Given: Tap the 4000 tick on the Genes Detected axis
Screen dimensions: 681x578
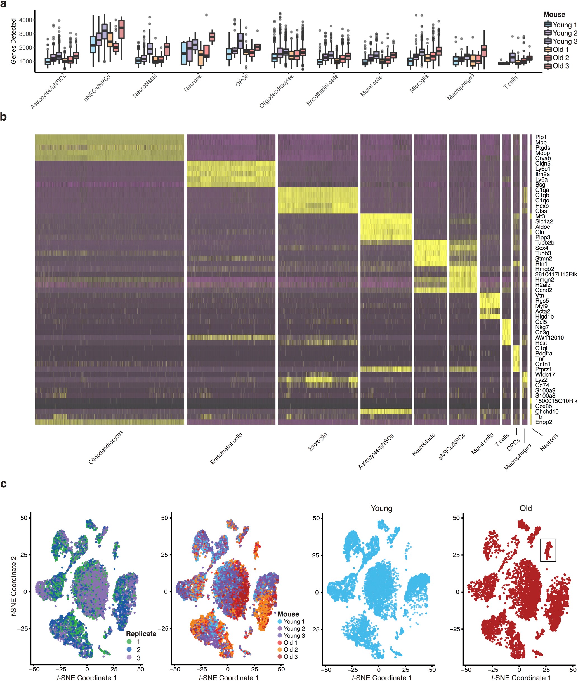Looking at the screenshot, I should pos(25,20).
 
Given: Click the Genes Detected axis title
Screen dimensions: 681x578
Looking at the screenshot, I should pos(13,41).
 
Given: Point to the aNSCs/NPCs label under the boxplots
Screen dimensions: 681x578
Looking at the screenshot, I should pos(98,88).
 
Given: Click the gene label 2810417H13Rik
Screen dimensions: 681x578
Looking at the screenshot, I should pos(556,274).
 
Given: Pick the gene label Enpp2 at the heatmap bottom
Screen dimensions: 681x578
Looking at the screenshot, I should pos(543,422).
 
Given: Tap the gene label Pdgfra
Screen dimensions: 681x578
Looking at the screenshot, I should pos(544,353).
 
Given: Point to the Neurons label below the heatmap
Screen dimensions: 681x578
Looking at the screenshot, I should pos(549,442).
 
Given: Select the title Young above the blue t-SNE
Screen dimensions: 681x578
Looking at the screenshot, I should pos(381,508).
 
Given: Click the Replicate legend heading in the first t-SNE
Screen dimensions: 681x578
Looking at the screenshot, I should pos(141,633).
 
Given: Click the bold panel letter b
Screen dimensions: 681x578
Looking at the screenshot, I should pos(4,117).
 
